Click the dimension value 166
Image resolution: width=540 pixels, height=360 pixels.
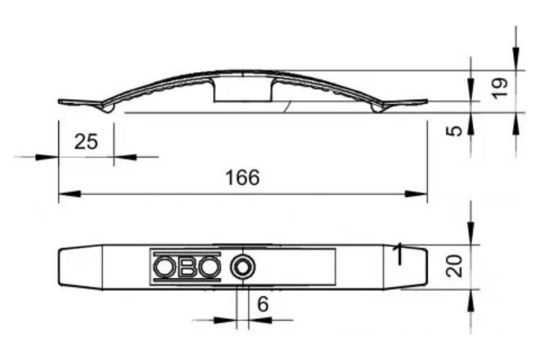tap(243, 177)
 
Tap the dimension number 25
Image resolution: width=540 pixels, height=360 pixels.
tap(86, 142)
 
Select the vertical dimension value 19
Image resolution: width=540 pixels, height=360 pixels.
tap(499, 88)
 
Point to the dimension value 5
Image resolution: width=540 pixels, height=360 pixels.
tap(454, 131)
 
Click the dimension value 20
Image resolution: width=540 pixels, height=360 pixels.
tap(454, 266)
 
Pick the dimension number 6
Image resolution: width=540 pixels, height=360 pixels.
tap(263, 304)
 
